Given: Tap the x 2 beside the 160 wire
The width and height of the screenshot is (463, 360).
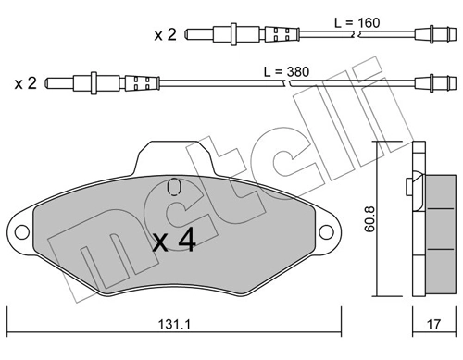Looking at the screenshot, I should pyautogui.click(x=166, y=35).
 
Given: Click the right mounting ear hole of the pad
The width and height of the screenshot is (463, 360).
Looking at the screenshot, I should pyautogui.click(x=327, y=231).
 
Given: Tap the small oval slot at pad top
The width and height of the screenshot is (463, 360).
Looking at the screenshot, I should pyautogui.click(x=173, y=188).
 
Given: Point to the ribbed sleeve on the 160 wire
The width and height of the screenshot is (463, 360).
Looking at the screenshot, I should pyautogui.click(x=281, y=35).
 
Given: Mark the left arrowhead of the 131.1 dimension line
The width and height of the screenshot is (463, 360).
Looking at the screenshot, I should pyautogui.click(x=11, y=311).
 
